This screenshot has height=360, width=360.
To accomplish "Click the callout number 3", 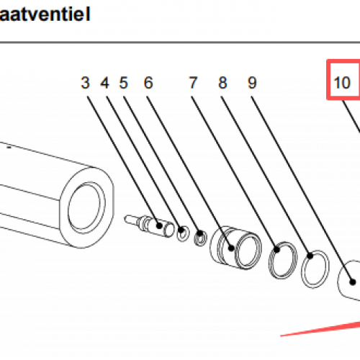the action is point(85,83).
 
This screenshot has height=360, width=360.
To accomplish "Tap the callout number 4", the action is point(104,83).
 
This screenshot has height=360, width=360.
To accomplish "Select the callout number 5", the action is point(124,83).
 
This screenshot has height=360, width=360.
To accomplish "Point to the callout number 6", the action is point(148,83).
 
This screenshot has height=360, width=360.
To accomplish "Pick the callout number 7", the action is point(193,83).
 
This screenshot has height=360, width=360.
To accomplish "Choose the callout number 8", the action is point(222,83).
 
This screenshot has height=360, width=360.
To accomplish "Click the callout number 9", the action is point(252,83).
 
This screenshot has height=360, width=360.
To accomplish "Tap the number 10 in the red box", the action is point(342,83).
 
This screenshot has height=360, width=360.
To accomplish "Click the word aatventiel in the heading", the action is point(45,14).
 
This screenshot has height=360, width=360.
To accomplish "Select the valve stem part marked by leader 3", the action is point(149,225).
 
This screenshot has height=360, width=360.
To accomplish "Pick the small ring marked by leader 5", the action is point(200,238).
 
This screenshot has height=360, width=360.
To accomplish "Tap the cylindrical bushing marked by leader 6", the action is point(235,247).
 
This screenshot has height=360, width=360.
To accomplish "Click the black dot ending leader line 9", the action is point(352,282).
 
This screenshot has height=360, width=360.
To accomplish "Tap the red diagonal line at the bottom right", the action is point(320,329).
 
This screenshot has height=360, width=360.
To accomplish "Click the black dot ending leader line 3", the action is point(159,225).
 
